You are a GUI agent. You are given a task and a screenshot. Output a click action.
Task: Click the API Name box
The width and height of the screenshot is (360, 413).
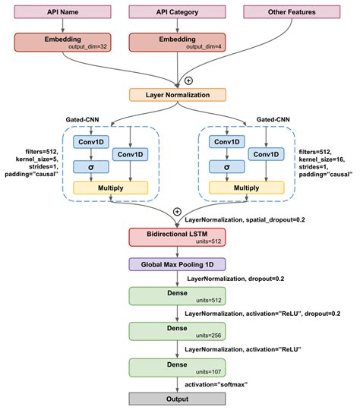(x=68, y=13)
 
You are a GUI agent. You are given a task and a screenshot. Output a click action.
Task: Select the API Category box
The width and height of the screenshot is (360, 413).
(x=179, y=13)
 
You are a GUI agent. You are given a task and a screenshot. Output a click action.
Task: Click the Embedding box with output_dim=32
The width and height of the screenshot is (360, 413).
(x=68, y=43)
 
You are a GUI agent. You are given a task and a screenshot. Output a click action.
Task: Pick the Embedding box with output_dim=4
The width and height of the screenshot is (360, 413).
(x=179, y=43)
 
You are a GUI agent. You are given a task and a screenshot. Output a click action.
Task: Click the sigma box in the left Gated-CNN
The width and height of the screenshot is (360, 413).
(x=91, y=166)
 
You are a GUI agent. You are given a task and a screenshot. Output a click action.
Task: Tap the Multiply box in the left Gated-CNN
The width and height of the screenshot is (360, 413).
(x=111, y=187)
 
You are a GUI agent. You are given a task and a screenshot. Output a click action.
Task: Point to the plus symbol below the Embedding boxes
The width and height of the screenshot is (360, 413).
(x=188, y=79)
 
